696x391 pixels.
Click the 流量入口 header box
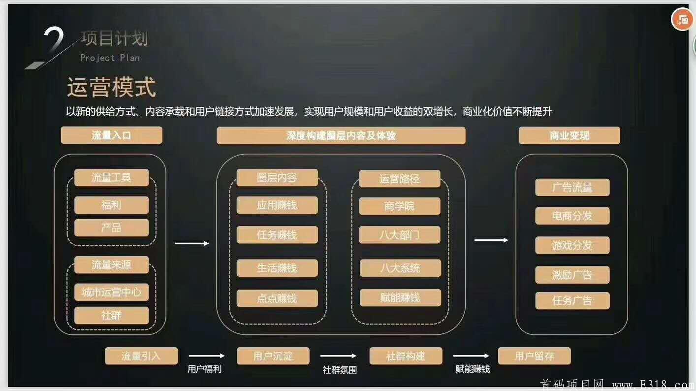click(x=112, y=135)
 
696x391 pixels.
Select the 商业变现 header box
click(x=569, y=135)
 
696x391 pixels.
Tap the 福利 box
click(x=111, y=205)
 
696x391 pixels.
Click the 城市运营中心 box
click(x=111, y=292)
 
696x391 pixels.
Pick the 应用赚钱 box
click(x=277, y=205)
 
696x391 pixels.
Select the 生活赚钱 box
click(x=277, y=268)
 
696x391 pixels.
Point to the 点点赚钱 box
click(x=277, y=298)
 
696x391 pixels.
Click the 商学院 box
click(x=400, y=206)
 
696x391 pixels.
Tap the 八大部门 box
click(x=400, y=235)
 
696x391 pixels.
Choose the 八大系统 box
click(x=400, y=268)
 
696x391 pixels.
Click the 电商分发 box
click(x=572, y=216)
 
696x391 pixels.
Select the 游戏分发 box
click(x=572, y=245)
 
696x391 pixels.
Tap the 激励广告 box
click(x=572, y=275)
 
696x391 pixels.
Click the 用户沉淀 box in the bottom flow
click(x=273, y=356)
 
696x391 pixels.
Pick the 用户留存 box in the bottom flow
click(x=535, y=356)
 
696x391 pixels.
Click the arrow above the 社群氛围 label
click(x=338, y=356)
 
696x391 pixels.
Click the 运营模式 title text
click(x=111, y=87)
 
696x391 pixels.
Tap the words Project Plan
click(x=110, y=58)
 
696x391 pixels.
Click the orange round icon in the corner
click(x=682, y=20)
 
